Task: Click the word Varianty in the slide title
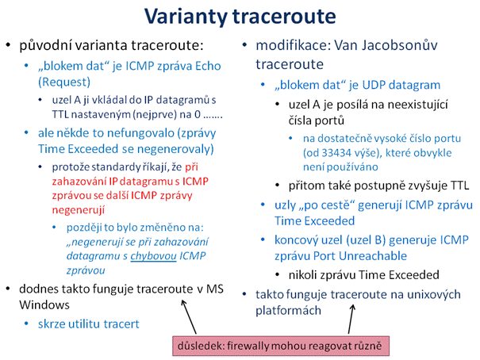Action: [186, 17]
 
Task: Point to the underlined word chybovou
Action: [153, 256]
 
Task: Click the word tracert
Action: [125, 324]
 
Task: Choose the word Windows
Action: [44, 305]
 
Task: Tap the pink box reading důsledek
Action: [281, 346]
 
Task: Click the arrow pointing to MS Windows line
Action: [189, 316]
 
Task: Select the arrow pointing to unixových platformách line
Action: [351, 319]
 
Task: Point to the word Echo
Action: [208, 66]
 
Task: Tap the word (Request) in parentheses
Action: [64, 82]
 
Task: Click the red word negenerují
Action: [79, 210]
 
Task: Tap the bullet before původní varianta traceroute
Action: [8, 45]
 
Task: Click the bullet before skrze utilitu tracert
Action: [27, 324]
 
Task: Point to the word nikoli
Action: [303, 274]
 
